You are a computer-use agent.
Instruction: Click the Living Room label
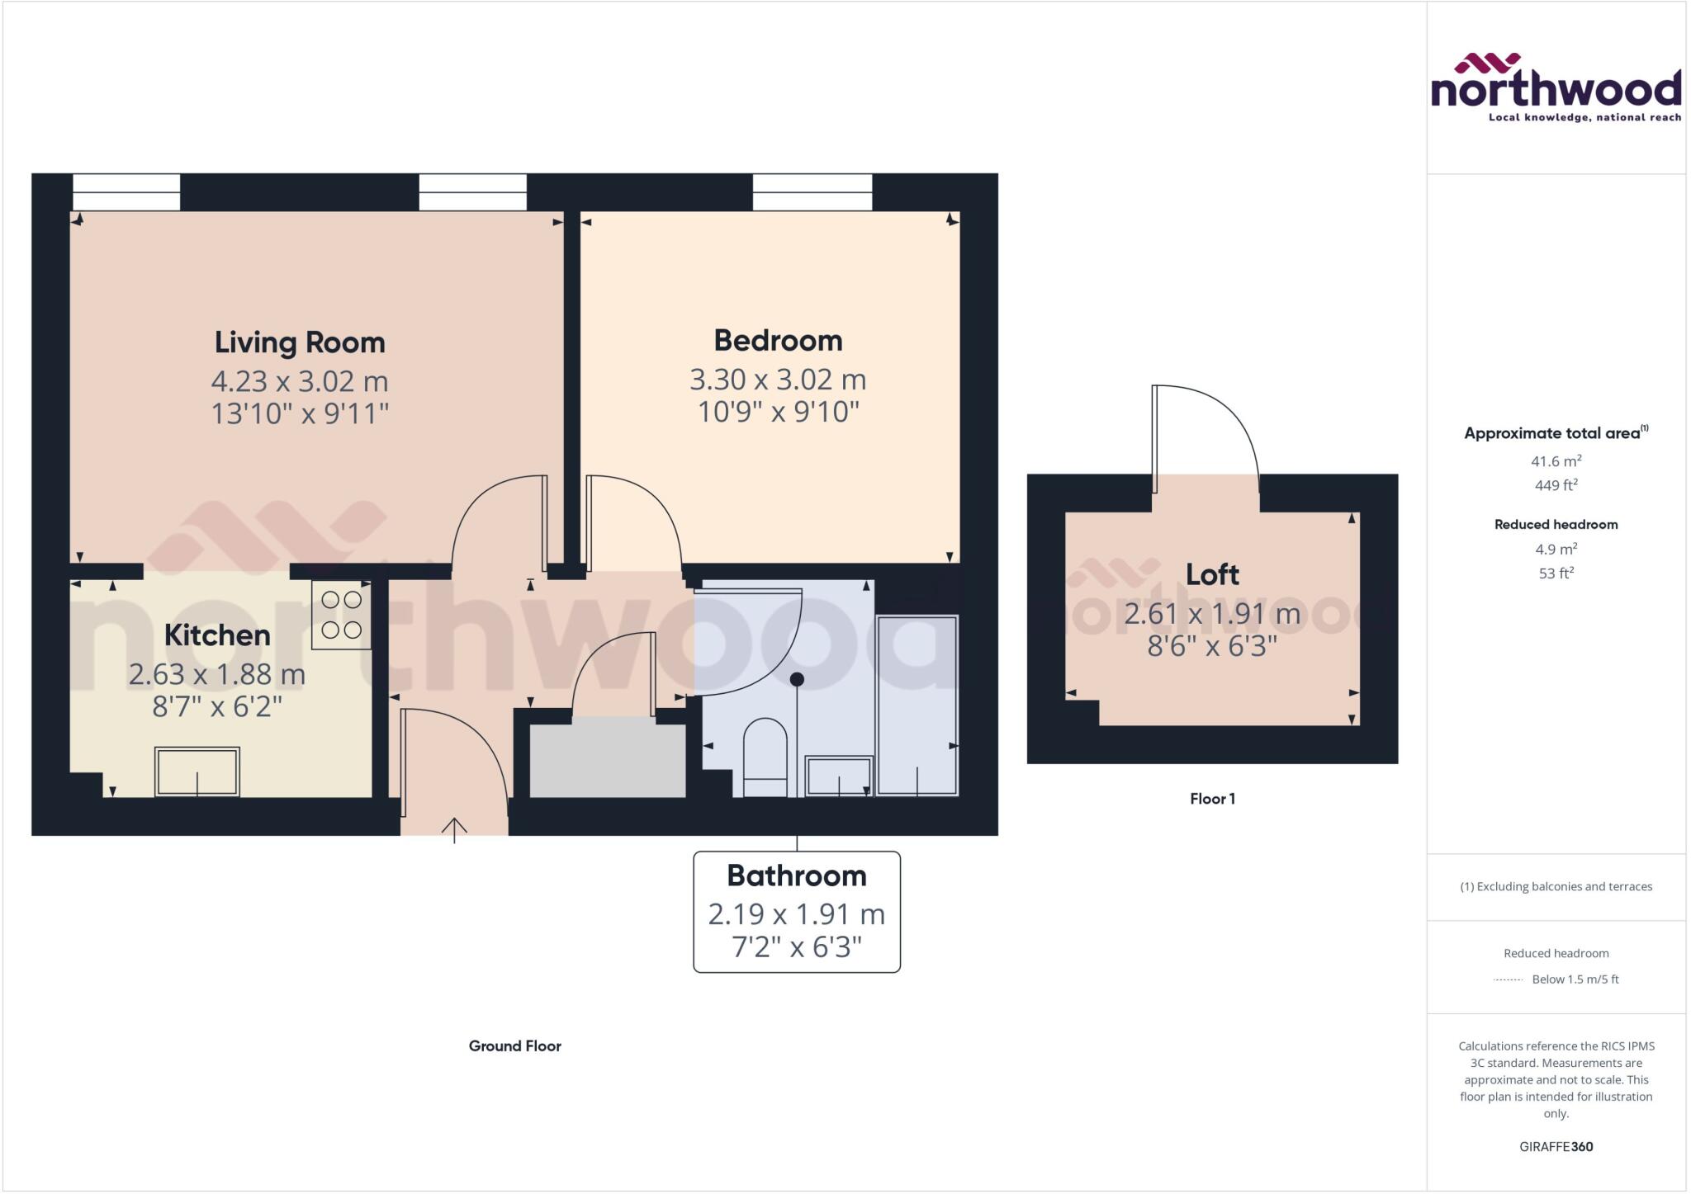(x=300, y=342)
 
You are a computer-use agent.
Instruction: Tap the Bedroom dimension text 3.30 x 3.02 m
(x=778, y=380)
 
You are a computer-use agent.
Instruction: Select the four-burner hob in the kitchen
(x=341, y=615)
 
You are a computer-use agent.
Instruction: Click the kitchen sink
(x=197, y=772)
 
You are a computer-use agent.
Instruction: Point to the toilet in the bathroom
(x=765, y=757)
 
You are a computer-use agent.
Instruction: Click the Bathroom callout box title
(x=796, y=875)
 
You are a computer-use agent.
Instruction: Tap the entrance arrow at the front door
(x=454, y=828)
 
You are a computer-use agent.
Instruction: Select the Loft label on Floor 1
(x=1212, y=574)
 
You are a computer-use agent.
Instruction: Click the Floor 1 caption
(x=1212, y=799)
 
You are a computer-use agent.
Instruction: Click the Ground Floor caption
(x=514, y=1046)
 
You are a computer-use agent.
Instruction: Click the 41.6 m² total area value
(x=1556, y=461)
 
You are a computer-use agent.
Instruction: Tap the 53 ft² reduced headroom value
(x=1556, y=573)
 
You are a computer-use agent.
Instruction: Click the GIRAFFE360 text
(x=1556, y=1146)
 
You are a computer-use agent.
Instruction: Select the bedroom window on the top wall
(x=812, y=191)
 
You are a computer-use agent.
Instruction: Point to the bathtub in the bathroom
(x=917, y=706)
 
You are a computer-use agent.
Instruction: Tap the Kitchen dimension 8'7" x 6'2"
(x=217, y=707)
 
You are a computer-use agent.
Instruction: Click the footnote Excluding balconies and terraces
(x=1556, y=887)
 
